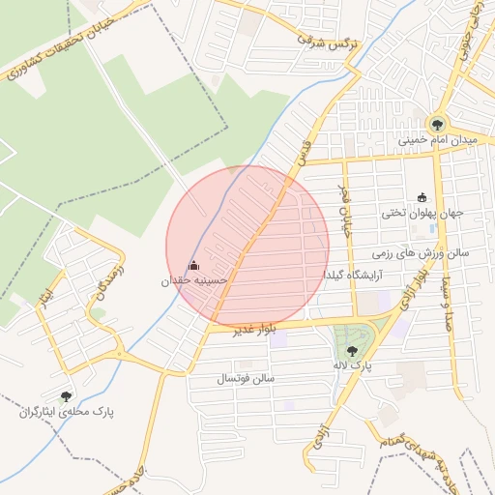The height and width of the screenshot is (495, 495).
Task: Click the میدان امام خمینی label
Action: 438,140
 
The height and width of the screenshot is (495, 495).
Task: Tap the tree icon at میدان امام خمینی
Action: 437,124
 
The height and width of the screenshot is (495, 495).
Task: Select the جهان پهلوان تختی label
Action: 422,213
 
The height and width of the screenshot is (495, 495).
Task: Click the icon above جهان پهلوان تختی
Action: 422,196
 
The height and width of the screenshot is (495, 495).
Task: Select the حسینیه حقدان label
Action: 194,281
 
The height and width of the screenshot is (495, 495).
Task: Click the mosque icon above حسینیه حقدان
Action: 193,265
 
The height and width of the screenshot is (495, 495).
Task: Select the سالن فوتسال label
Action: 248,377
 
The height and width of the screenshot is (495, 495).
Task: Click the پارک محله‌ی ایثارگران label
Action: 66,412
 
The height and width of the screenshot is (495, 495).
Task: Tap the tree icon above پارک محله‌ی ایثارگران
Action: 66,395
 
